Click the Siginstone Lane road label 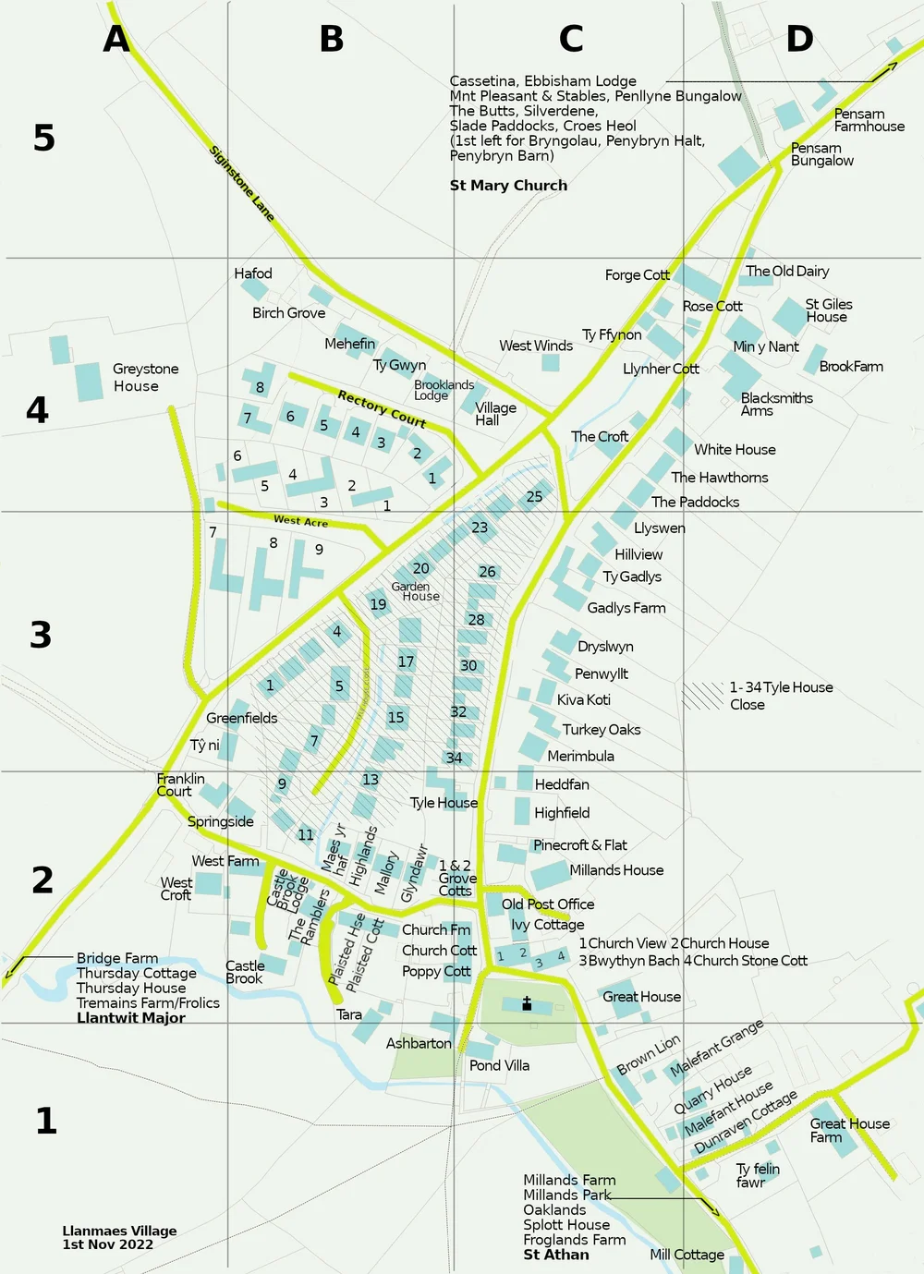tap(242, 183)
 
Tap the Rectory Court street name tap(382, 408)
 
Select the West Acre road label tap(300, 521)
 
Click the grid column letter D tap(799, 39)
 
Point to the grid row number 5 tap(44, 138)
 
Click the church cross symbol tap(527, 1003)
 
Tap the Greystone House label tap(145, 377)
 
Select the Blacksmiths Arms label tap(776, 404)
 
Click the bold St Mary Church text tap(508, 185)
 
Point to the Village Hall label tap(495, 413)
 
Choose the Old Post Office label tap(548, 904)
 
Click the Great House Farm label tap(849, 1130)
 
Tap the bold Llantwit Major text tap(131, 1017)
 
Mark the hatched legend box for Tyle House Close tap(703, 696)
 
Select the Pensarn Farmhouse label tap(869, 120)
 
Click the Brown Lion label tap(648, 1054)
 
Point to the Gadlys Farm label tap(626, 608)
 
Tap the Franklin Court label tap(180, 784)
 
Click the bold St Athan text tap(556, 1255)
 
